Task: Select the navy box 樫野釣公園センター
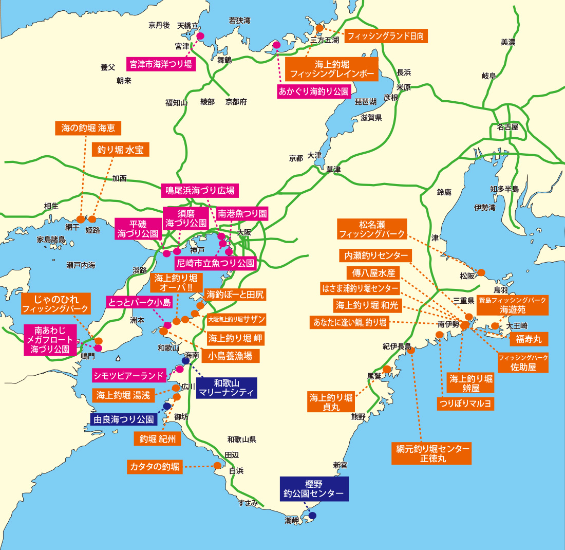pyautogui.click(x=314, y=489)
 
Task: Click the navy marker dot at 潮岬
pyautogui.click(x=312, y=515)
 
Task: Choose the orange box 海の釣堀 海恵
pyautogui.click(x=88, y=129)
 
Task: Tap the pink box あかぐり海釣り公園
pyautogui.click(x=313, y=91)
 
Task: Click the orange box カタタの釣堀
pyautogui.click(x=155, y=467)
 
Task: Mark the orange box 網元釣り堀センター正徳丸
pyautogui.click(x=430, y=453)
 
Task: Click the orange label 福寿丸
pyautogui.click(x=529, y=339)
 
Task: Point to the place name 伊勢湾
pyautogui.click(x=485, y=208)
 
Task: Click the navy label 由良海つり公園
pyautogui.click(x=123, y=419)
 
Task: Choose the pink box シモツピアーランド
pyautogui.click(x=129, y=375)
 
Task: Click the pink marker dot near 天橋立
pyautogui.click(x=200, y=36)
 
